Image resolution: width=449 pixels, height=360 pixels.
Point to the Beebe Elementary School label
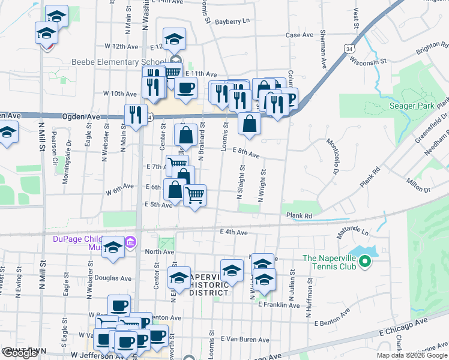118,62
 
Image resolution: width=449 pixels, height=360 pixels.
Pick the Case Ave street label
300,35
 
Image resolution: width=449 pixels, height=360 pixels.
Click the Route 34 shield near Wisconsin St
351,47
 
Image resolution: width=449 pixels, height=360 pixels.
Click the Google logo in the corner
20,353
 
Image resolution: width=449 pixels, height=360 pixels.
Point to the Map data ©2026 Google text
412,355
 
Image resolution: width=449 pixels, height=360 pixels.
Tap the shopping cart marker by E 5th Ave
194,196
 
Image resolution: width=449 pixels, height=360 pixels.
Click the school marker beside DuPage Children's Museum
113,248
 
